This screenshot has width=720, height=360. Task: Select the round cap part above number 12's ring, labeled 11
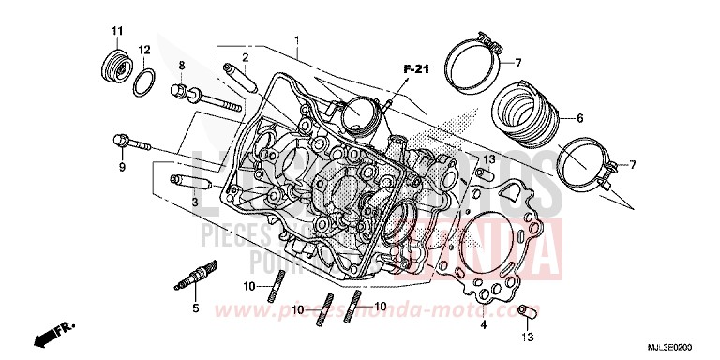(116, 69)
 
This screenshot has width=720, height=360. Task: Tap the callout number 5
(195, 308)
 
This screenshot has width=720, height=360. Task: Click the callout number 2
(246, 56)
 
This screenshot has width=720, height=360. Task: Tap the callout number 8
(183, 65)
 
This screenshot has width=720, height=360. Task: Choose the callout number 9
(121, 167)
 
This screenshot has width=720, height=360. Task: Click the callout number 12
(143, 50)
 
